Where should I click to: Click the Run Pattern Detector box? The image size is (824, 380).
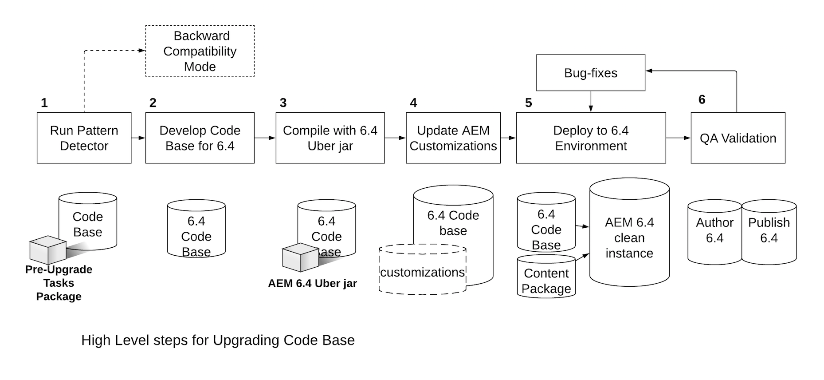[x=84, y=138]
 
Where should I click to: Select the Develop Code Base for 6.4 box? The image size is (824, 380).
[x=200, y=138]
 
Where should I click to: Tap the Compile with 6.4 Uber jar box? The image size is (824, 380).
[x=330, y=138]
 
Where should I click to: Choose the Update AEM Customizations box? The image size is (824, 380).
[x=453, y=138]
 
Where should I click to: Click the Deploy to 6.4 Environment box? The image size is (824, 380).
[x=591, y=138]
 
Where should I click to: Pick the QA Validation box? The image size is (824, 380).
[x=738, y=138]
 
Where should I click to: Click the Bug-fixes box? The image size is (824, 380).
[x=590, y=73]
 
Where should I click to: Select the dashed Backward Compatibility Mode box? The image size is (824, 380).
[x=200, y=51]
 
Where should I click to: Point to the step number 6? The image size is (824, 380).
[x=702, y=99]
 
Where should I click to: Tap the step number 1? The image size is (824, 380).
[x=44, y=103]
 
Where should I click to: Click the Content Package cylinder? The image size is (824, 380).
[x=546, y=277]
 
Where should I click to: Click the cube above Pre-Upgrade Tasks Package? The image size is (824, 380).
[x=47, y=249]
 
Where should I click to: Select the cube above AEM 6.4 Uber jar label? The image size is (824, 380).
[x=300, y=257]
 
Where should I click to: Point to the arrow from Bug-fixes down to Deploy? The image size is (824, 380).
[x=590, y=102]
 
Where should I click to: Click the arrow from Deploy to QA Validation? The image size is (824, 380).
[x=678, y=138]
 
